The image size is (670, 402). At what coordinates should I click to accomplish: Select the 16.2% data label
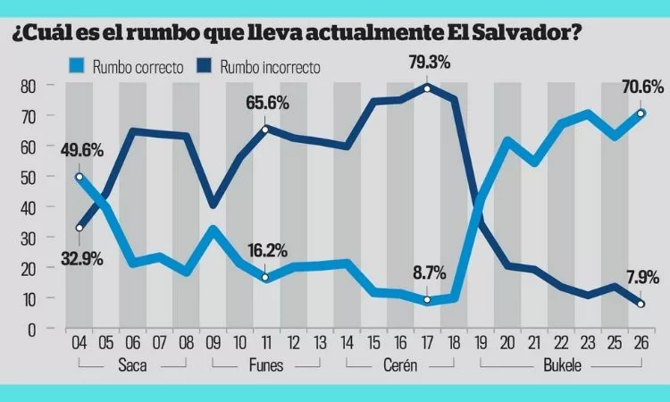pos(267,253)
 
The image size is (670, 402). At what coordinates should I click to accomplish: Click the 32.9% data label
pos(80,259)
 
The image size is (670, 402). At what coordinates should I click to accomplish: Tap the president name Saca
pos(132,366)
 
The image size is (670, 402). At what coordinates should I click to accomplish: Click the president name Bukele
pos(559,366)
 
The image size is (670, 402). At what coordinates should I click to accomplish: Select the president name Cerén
pos(401,366)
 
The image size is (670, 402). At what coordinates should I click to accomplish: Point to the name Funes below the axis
pos(266,366)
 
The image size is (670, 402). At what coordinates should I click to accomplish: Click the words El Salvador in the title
pos(509,32)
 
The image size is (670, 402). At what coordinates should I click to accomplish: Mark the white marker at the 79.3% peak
pos(428,88)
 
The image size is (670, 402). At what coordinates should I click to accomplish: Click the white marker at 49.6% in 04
pos(80,177)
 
